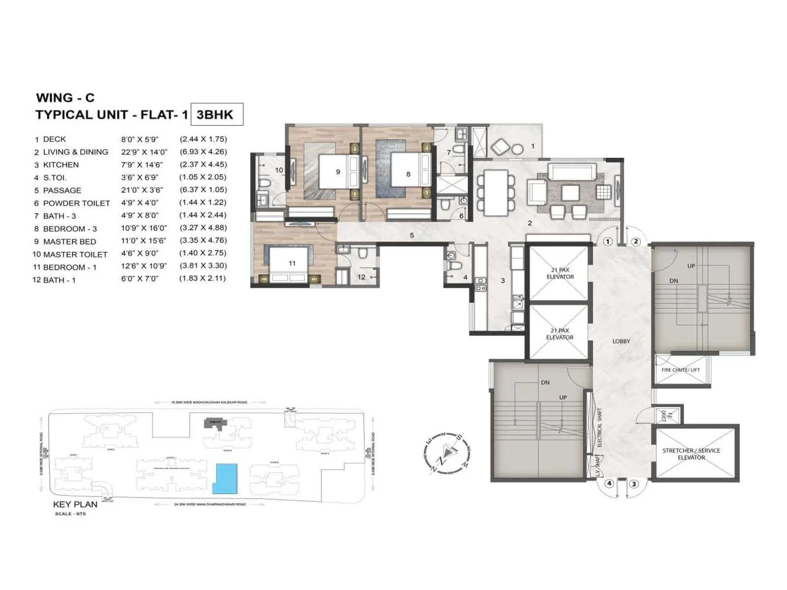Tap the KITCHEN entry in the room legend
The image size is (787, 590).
tap(61, 165)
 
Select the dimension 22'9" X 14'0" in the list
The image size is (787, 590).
tap(144, 152)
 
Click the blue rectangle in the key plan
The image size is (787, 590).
tap(225, 478)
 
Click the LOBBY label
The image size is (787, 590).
tap(621, 341)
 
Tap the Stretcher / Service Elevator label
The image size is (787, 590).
tap(691, 454)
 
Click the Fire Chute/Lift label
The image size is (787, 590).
tap(680, 370)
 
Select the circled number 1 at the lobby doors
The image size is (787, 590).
tap(608, 241)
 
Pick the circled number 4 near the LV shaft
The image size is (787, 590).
tap(609, 483)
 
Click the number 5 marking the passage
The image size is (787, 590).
tap(412, 236)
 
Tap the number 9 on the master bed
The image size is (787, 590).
tap(338, 172)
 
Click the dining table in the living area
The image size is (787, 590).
tap(496, 192)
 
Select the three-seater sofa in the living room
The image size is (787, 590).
tap(572, 173)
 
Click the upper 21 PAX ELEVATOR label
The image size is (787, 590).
tap(560, 273)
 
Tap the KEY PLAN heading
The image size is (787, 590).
tap(75, 504)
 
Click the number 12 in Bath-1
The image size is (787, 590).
tap(362, 277)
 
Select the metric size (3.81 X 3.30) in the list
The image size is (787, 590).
tap(203, 265)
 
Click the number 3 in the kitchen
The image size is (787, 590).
tap(503, 281)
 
